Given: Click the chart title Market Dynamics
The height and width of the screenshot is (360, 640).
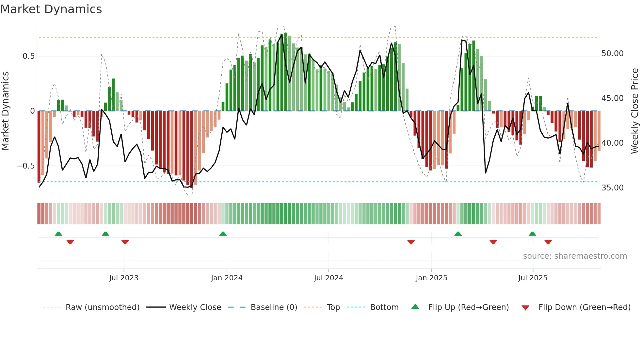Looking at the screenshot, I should coord(51,9).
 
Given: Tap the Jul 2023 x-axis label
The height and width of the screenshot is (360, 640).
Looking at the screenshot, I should coord(124,278).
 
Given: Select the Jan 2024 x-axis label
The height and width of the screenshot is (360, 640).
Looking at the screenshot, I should coord(227,278).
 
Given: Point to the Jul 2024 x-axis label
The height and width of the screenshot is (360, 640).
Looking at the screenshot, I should coord(328,278).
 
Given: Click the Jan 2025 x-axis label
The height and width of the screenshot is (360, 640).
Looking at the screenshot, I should coord(431,278).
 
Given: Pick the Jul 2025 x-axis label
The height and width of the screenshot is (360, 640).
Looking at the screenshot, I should coord(533,278).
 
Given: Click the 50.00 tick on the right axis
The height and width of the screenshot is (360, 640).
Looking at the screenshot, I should coord(612,54).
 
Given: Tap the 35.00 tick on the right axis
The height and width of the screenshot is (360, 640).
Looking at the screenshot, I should coord(612,188).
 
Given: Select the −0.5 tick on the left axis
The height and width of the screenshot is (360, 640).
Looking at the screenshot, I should coord(25,166).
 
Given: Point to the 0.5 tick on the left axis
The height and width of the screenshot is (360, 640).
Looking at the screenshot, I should coord(28,56).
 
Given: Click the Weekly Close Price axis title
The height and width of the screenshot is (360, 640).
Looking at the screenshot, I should coord(634,111).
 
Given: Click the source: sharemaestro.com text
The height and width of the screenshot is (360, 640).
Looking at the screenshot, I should coord(575,256).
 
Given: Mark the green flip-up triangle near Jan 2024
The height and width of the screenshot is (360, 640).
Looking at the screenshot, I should coord(223,234).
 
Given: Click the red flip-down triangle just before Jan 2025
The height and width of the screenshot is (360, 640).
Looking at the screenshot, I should coord(411,242).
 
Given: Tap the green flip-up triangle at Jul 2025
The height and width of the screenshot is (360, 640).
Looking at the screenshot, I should coord(532,234).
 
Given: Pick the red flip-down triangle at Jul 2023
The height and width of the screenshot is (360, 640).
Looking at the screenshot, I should coord(125,242).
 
